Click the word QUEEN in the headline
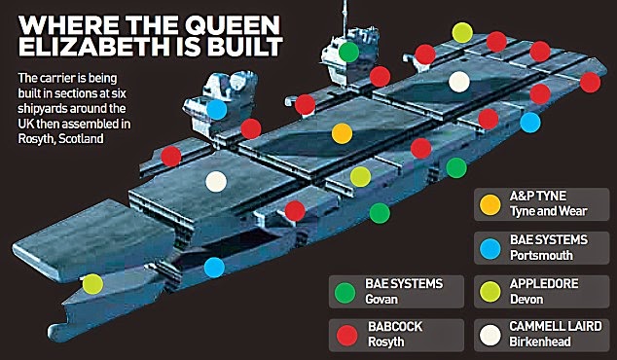coord(226,17)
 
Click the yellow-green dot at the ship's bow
coord(92,284)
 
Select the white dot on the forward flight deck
coord(217,180)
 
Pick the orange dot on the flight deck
coord(341,132)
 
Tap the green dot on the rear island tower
coord(348,52)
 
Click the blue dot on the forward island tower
coord(218,109)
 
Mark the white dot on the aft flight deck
coord(459,82)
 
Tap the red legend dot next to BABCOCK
coord(344,334)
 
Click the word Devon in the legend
coord(526,299)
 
